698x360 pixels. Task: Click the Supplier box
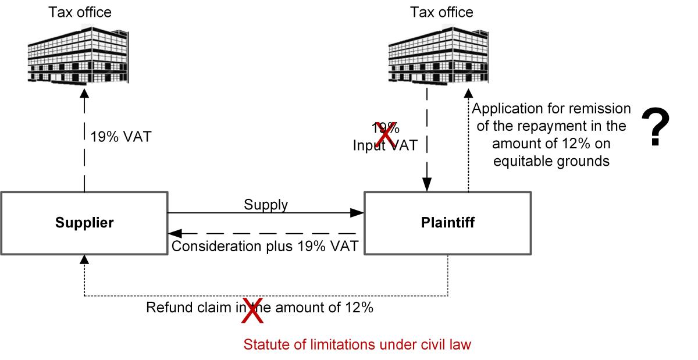84,223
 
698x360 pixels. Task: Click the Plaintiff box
447,223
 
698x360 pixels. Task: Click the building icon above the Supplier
86,53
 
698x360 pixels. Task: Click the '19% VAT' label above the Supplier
121,138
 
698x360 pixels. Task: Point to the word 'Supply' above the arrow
266,205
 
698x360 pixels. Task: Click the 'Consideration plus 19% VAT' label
265,247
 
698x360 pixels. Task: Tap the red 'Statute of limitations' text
357,345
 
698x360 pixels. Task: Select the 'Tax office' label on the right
442,12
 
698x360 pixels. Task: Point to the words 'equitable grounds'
551,161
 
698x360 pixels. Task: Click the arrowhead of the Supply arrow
359,213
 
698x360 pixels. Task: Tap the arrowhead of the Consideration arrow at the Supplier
174,234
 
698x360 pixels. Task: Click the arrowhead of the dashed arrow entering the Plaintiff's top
428,186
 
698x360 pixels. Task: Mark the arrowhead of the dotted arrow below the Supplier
85,261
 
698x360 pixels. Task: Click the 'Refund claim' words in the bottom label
182,308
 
